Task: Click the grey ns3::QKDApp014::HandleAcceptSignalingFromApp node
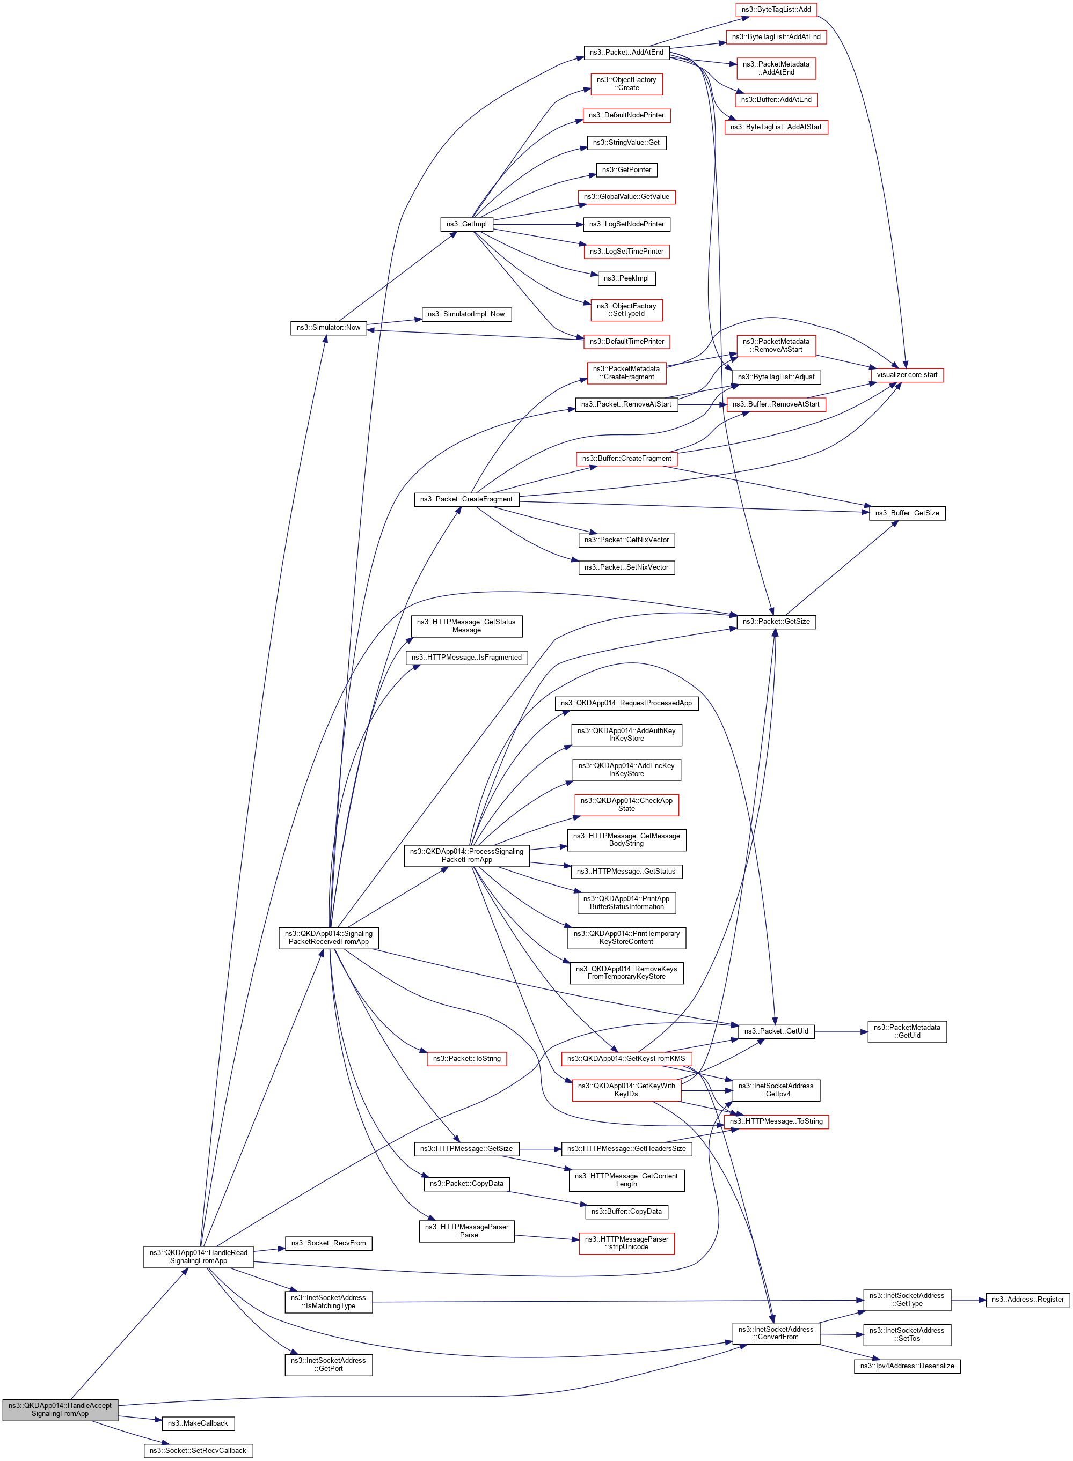coord(60,1409)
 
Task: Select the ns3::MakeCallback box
coord(198,1423)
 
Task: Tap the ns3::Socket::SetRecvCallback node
coord(198,1451)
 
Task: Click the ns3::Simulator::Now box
coord(328,328)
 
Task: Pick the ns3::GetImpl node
coord(466,224)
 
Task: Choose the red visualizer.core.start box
coord(907,375)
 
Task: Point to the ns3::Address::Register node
coord(1027,1300)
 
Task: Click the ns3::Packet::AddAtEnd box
coord(626,53)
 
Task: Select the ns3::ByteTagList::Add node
coord(776,10)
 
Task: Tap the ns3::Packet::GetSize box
coord(776,622)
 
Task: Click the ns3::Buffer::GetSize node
coord(907,513)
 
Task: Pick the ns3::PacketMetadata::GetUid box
coord(907,1031)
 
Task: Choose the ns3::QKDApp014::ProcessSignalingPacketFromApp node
coord(466,855)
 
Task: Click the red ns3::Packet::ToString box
coord(466,1059)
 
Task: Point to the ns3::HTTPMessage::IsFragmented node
coord(466,658)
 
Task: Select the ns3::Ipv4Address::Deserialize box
coord(907,1366)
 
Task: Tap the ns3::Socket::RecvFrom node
coord(328,1244)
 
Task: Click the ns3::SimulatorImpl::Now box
coord(466,314)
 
